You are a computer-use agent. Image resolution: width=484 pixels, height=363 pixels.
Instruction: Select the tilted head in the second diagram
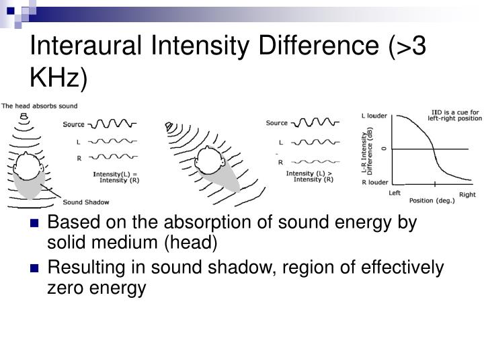[x=206, y=161]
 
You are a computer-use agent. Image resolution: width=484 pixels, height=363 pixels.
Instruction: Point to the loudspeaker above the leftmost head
[x=24, y=116]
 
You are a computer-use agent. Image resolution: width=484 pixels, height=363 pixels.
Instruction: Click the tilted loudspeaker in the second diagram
[x=171, y=126]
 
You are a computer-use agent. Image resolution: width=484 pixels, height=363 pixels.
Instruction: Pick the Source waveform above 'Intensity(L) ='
[x=112, y=124]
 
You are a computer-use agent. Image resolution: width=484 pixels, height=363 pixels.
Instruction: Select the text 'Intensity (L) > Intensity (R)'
[x=309, y=176]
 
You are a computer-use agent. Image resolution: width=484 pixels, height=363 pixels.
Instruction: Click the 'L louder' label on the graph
[x=374, y=116]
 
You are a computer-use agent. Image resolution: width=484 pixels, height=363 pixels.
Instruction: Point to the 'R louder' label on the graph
[x=374, y=182]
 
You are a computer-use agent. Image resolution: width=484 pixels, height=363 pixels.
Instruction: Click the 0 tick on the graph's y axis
[x=384, y=148]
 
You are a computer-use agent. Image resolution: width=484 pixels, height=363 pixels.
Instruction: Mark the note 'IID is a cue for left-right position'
[x=455, y=114]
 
